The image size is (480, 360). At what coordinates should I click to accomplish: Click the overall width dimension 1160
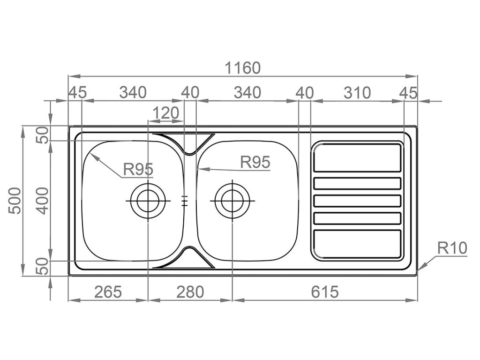pyautogui.click(x=242, y=67)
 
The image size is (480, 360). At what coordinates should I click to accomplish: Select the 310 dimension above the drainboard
pyautogui.click(x=357, y=93)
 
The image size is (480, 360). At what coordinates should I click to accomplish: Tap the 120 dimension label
pyautogui.click(x=165, y=113)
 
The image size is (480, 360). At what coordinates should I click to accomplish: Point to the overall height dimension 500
pyautogui.click(x=15, y=201)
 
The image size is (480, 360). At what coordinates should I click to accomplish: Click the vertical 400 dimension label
pyautogui.click(x=42, y=201)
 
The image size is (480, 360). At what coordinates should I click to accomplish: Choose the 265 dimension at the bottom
pyautogui.click(x=108, y=292)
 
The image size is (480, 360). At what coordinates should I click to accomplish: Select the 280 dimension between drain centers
pyautogui.click(x=190, y=292)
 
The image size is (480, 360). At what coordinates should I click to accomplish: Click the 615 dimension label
pyautogui.click(x=325, y=292)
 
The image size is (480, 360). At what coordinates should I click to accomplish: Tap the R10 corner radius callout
pyautogui.click(x=452, y=248)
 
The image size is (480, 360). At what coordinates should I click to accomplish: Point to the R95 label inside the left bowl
pyautogui.click(x=138, y=169)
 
